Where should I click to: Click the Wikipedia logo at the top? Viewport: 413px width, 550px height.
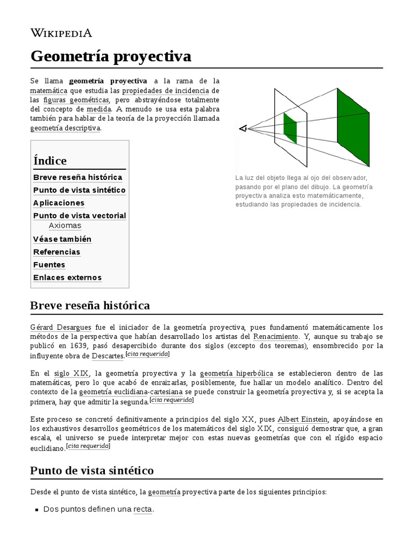(x=61, y=33)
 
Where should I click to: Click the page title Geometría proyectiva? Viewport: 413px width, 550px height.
(x=111, y=56)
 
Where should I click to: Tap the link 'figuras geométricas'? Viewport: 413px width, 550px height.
(x=75, y=100)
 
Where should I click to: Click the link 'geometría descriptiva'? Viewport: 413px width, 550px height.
(x=65, y=128)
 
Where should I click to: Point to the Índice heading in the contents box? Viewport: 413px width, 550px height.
(x=50, y=161)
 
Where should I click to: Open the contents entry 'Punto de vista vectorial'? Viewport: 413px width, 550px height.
(x=80, y=215)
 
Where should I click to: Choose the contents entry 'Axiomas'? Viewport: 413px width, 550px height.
(x=65, y=226)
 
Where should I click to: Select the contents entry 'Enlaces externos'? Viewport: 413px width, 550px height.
(x=67, y=278)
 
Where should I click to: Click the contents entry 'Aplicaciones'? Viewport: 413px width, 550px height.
(x=59, y=203)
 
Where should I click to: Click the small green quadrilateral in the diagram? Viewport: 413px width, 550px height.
(x=290, y=128)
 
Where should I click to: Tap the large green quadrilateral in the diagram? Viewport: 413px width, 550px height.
(x=353, y=127)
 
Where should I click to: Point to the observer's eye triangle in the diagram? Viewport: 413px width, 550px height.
(x=243, y=128)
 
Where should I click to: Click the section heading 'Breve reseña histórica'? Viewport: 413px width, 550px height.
(x=90, y=306)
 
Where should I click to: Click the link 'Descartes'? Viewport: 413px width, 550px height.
(x=108, y=355)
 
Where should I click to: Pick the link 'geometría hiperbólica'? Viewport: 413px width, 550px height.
(x=236, y=373)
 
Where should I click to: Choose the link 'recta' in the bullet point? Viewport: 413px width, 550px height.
(x=143, y=509)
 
